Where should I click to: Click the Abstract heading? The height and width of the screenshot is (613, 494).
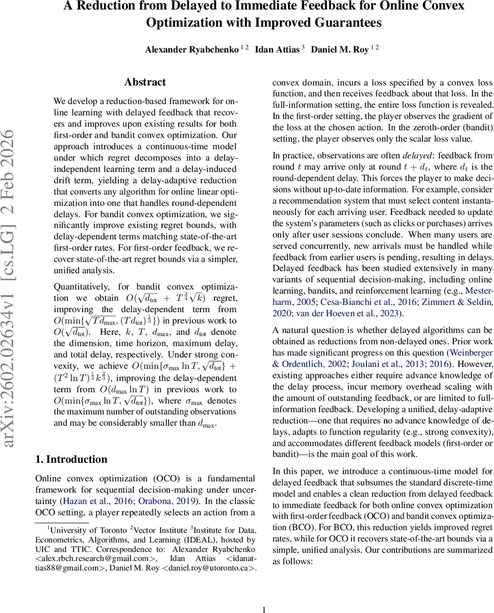click(x=145, y=82)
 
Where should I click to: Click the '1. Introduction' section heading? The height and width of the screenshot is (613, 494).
click(x=71, y=459)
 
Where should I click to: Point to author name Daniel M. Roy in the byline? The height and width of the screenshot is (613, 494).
click(x=340, y=50)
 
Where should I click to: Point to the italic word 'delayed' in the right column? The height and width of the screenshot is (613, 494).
click(x=416, y=155)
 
